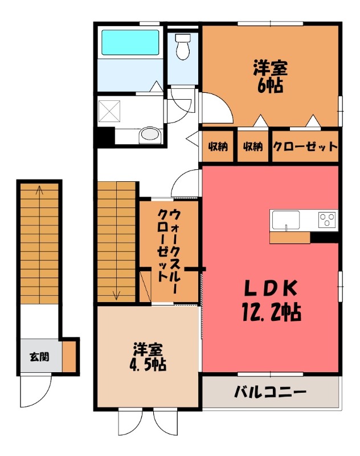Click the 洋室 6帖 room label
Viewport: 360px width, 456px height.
pyautogui.click(x=271, y=77)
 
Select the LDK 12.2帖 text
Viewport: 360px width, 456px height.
pyautogui.click(x=271, y=300)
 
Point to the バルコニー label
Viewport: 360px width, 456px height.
pyautogui.click(x=271, y=392)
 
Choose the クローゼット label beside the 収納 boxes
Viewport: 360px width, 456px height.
pyautogui.click(x=305, y=146)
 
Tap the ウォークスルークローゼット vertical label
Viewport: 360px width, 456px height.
pyautogui.click(x=170, y=251)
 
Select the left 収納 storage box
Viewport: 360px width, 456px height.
pyautogui.click(x=218, y=146)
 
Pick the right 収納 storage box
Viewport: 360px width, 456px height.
pyautogui.click(x=253, y=146)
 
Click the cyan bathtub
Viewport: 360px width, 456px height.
pyautogui.click(x=130, y=43)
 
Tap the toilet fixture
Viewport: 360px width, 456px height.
pyautogui.click(x=183, y=47)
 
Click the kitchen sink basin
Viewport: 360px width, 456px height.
pyautogui.click(x=286, y=218)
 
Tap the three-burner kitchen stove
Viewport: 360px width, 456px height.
pyautogui.click(x=326, y=218)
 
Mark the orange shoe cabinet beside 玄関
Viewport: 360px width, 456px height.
pyautogui.click(x=69, y=356)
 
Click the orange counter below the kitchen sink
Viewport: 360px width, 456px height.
pyautogui.click(x=290, y=238)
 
